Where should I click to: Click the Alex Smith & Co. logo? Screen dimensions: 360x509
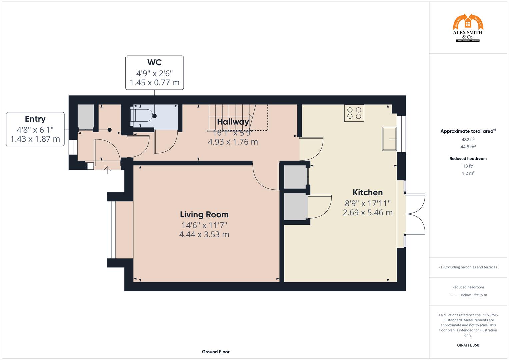(468, 28)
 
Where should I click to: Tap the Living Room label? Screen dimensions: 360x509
(204, 215)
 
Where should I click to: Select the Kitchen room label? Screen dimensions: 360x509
(368, 192)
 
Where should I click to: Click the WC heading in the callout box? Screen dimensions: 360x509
(154, 62)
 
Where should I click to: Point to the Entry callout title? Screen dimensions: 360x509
(35, 119)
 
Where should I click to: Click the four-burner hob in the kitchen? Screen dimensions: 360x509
(354, 113)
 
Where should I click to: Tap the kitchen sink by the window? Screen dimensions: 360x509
(389, 138)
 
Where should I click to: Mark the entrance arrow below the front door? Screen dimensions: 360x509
(107, 170)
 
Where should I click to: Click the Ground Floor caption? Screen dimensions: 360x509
(216, 352)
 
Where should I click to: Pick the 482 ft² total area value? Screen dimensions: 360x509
(468, 140)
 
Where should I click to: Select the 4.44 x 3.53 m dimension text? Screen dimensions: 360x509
(204, 235)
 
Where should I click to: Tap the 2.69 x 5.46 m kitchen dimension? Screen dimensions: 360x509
(368, 213)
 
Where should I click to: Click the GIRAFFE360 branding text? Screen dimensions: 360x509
(468, 345)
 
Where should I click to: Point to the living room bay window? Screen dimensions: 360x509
(112, 230)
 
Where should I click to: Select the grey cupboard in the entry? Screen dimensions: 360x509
(86, 116)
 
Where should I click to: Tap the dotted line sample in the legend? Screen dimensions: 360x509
(454, 295)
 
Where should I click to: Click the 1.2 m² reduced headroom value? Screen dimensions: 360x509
(468, 173)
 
